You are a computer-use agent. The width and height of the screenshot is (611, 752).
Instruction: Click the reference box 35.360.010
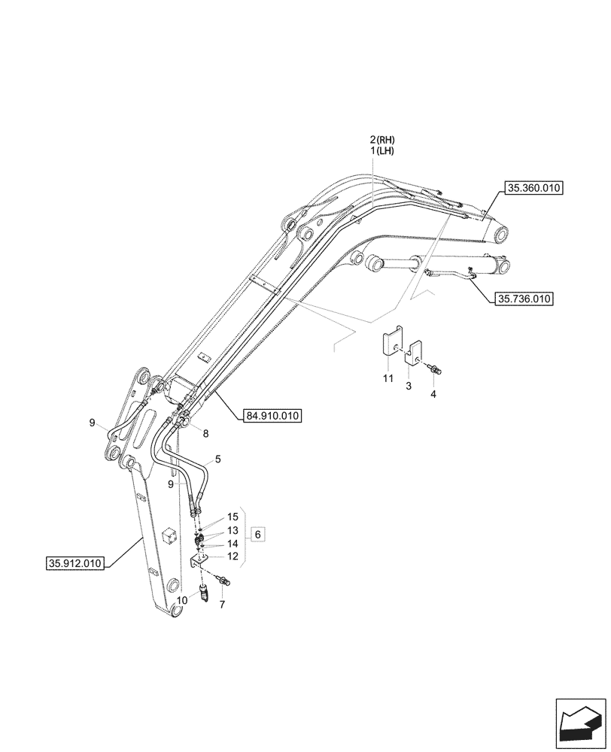point(535,190)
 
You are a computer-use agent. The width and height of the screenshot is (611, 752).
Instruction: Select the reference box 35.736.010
point(524,299)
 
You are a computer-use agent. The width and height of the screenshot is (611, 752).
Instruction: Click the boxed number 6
point(257,534)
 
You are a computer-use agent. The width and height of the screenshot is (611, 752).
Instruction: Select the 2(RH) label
point(382,140)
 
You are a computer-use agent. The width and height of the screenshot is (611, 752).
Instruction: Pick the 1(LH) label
point(382,151)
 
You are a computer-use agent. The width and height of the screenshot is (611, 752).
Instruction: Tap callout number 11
point(388,379)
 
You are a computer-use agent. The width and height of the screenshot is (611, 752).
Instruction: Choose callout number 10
point(182,601)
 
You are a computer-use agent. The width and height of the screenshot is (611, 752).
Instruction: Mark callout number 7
point(223,605)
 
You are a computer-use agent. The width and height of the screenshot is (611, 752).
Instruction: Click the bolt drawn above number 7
point(224,581)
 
